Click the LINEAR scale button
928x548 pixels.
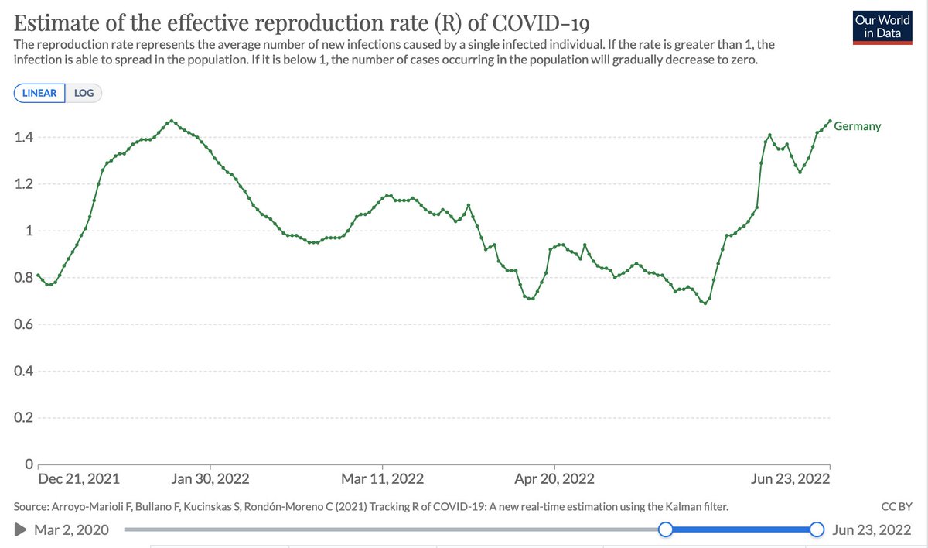tap(39, 93)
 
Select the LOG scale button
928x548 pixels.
tap(84, 93)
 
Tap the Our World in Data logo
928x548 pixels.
tap(882, 27)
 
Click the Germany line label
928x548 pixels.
tap(857, 126)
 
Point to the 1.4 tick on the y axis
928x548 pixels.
tap(24, 137)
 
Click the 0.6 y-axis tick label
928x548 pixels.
tap(24, 324)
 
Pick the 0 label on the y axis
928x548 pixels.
tap(29, 464)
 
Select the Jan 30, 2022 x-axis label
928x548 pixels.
tap(210, 479)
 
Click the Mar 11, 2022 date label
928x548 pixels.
tap(382, 479)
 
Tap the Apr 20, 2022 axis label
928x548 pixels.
tap(554, 479)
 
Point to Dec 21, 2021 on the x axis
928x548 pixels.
tap(79, 479)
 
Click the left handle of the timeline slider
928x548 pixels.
tap(665, 529)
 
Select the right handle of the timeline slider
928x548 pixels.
tap(817, 529)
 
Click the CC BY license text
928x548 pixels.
tap(896, 506)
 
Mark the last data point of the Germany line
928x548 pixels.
tap(830, 121)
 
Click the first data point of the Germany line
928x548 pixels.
tap(38, 276)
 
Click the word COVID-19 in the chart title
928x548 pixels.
tap(541, 22)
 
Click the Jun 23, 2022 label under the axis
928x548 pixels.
tap(790, 479)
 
